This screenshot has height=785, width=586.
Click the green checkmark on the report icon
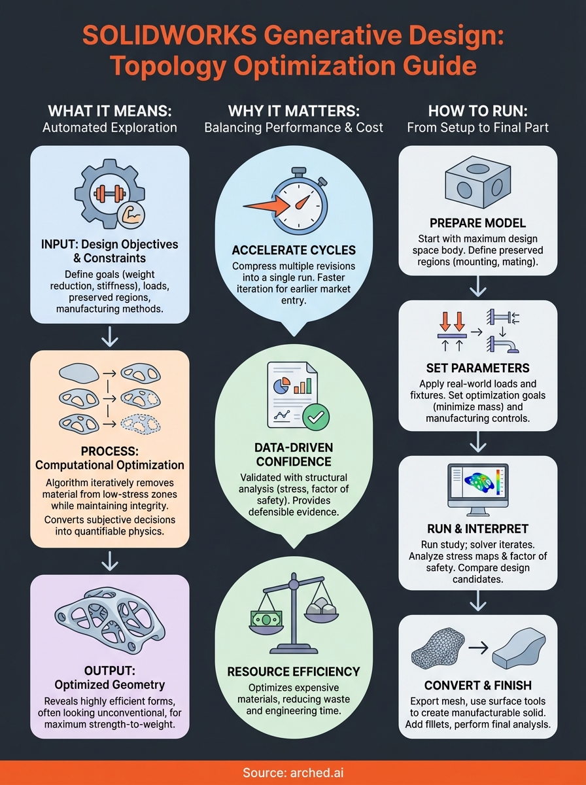pos(318,415)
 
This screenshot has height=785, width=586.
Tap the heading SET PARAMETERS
pos(477,368)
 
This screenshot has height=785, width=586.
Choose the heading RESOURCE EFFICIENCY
pos(293,671)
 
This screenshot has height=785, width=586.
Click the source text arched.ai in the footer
pos(292,773)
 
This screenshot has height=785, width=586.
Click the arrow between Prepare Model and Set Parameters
pos(477,286)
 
